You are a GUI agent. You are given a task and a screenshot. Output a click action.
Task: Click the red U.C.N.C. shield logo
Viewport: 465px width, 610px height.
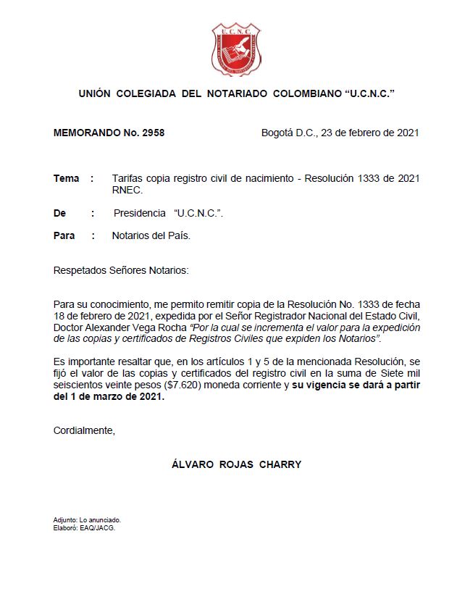click(x=235, y=49)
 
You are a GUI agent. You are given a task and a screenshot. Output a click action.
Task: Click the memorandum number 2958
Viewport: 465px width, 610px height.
click(x=153, y=133)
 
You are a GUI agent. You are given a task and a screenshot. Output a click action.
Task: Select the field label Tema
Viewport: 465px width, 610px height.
click(x=66, y=178)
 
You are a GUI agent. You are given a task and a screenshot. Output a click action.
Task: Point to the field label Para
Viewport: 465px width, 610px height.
click(x=64, y=235)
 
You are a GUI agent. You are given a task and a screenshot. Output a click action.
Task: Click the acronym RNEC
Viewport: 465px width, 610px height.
click(x=127, y=191)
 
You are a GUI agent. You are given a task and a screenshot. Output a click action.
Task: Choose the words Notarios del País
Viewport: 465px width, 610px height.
click(x=151, y=235)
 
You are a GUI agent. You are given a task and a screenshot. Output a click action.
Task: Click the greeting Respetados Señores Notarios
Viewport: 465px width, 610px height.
click(x=120, y=270)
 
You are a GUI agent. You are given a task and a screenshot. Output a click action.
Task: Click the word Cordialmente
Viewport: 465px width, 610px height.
click(x=84, y=430)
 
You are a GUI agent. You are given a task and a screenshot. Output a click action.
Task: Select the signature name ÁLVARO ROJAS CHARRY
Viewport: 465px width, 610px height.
click(x=236, y=464)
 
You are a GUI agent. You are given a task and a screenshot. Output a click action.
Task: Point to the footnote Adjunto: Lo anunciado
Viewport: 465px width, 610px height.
click(x=87, y=520)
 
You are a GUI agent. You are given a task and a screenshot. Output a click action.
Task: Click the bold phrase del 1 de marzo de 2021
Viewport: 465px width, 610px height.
click(x=109, y=396)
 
